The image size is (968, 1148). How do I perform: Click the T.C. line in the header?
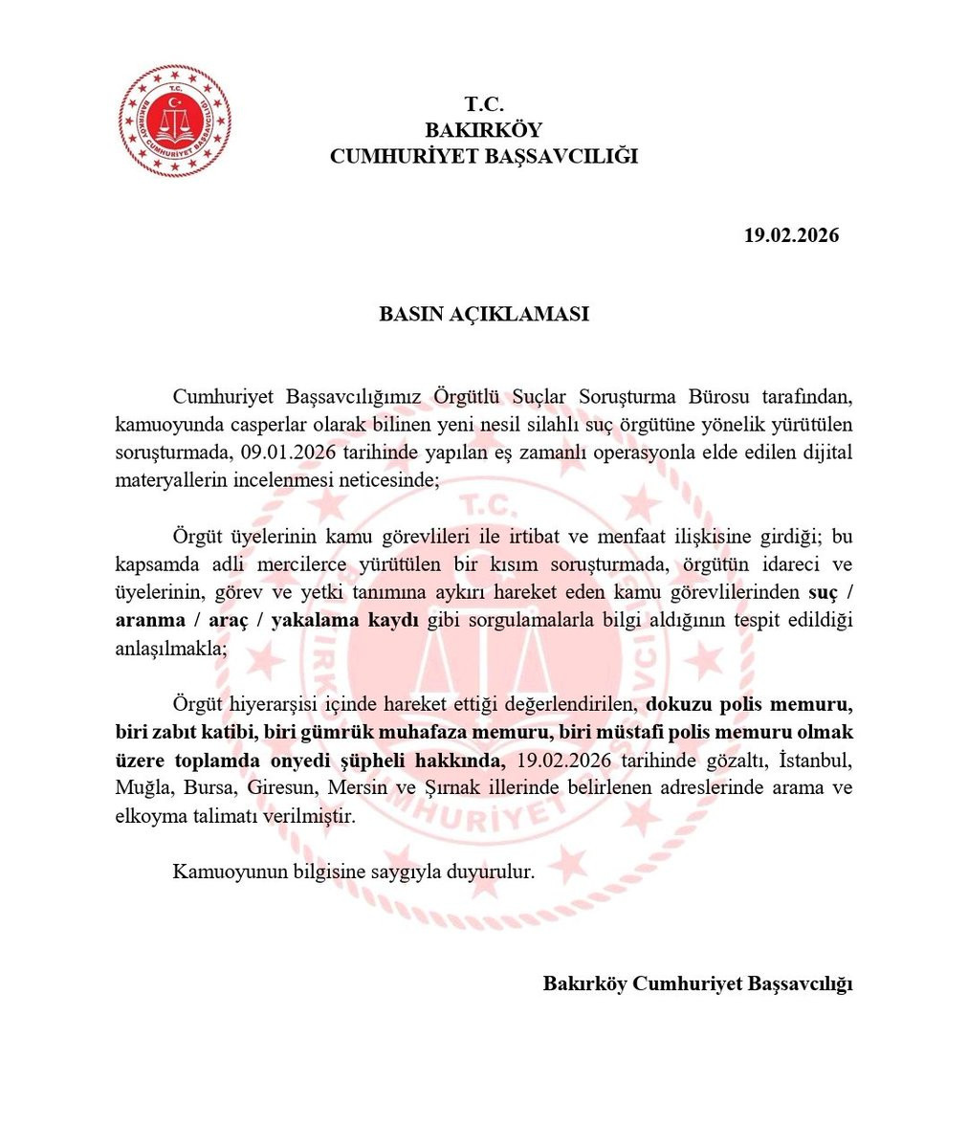[484, 103]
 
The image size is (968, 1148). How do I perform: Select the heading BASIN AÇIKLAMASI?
[484, 314]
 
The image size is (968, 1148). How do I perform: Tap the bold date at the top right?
[791, 235]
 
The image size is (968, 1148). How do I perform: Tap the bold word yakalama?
[310, 621]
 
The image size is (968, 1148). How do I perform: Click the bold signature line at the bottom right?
[697, 983]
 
